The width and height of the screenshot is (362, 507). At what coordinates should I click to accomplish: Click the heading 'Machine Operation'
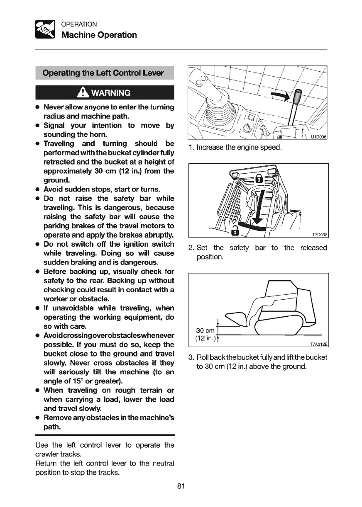pos(99,35)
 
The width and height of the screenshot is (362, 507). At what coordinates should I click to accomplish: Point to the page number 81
pos(181,486)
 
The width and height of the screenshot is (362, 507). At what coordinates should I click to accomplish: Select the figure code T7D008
pos(319,235)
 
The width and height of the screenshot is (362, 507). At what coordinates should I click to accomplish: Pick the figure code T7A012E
pos(319,344)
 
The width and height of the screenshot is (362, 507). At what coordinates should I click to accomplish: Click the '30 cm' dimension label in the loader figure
pos(205,330)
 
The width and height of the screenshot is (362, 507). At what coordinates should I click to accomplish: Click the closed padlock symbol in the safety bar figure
pos(258,179)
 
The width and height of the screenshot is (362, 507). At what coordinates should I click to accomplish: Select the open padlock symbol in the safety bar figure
pos(235,231)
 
